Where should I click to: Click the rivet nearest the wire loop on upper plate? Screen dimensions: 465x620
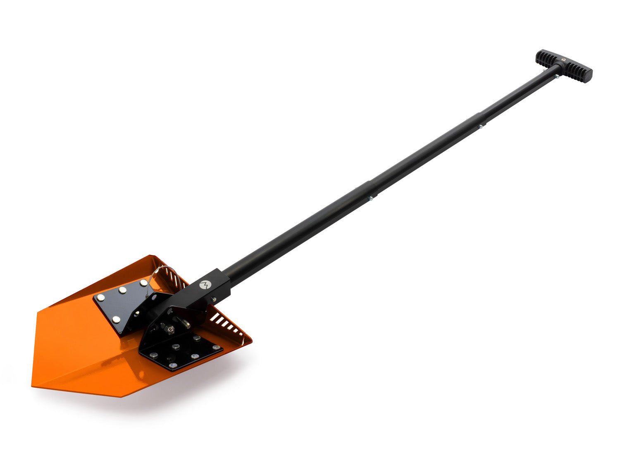143,283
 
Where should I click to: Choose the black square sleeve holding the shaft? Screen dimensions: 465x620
207,289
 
